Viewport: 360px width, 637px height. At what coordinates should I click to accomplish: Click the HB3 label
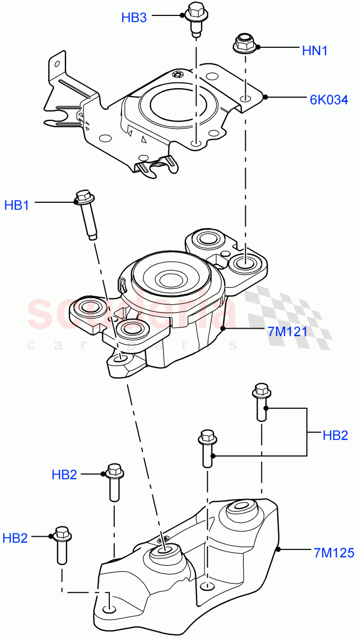tap(134, 18)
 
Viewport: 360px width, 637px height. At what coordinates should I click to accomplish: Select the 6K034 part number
tap(329, 99)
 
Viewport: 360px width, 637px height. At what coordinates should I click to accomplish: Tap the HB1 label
tap(17, 205)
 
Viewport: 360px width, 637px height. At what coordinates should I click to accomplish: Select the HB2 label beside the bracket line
tap(335, 435)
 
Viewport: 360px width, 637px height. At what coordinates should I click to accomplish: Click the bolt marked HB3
tap(195, 18)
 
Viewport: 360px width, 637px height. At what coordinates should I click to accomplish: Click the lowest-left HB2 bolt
tap(62, 544)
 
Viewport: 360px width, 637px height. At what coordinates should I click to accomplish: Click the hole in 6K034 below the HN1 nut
tap(245, 99)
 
